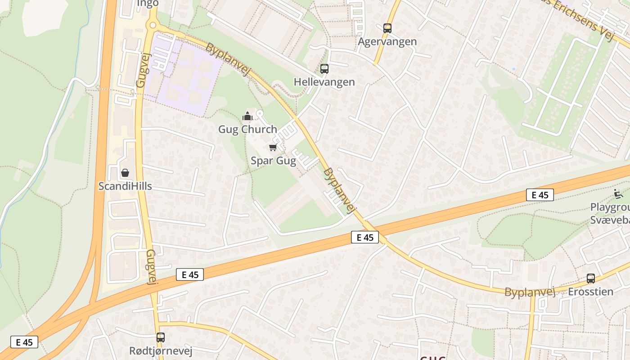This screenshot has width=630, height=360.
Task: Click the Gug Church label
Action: [x=247, y=130]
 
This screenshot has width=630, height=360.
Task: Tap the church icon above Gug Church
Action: [x=247, y=117]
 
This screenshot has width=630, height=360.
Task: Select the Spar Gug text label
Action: [x=273, y=161]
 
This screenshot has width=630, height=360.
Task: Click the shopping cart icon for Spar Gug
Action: [x=272, y=148]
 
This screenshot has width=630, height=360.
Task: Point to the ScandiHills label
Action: [x=125, y=186]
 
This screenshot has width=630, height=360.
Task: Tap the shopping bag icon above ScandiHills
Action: [x=125, y=173]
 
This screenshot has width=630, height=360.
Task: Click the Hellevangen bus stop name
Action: [x=324, y=82]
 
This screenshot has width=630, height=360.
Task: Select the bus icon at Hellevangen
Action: [x=324, y=69]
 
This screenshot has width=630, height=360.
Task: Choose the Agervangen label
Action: [x=387, y=42]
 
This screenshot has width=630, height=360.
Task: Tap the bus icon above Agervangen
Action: [x=387, y=28]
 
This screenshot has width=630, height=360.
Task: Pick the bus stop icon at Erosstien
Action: [x=590, y=279]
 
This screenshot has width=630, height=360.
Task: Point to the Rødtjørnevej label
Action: [x=161, y=351]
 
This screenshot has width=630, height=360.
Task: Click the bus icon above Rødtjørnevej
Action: [x=161, y=337]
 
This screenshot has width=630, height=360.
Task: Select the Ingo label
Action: [x=148, y=4]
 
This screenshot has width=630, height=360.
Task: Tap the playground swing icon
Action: [x=618, y=194]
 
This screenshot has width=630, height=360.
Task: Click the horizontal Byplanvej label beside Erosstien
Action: [x=530, y=292]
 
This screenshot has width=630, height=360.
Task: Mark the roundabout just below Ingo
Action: [x=152, y=25]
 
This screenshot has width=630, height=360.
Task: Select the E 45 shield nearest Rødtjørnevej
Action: [x=189, y=274]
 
